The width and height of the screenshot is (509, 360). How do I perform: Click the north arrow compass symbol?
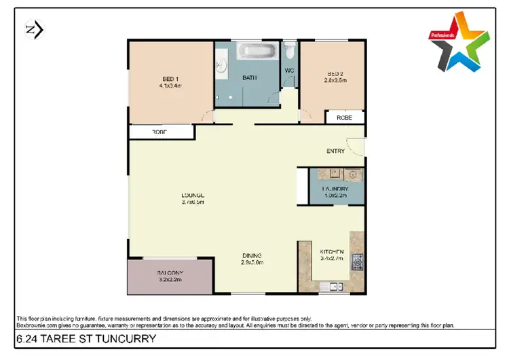33,29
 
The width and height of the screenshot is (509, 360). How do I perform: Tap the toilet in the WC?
290,51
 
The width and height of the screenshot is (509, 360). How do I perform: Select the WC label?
288,70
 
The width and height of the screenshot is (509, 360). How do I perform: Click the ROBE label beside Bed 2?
344,118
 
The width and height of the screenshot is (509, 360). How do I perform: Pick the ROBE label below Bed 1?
159,131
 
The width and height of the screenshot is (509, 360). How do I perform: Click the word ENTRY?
335,151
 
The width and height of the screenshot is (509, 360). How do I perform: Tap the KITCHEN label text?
333,253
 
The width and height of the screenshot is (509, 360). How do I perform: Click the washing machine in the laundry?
354,175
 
